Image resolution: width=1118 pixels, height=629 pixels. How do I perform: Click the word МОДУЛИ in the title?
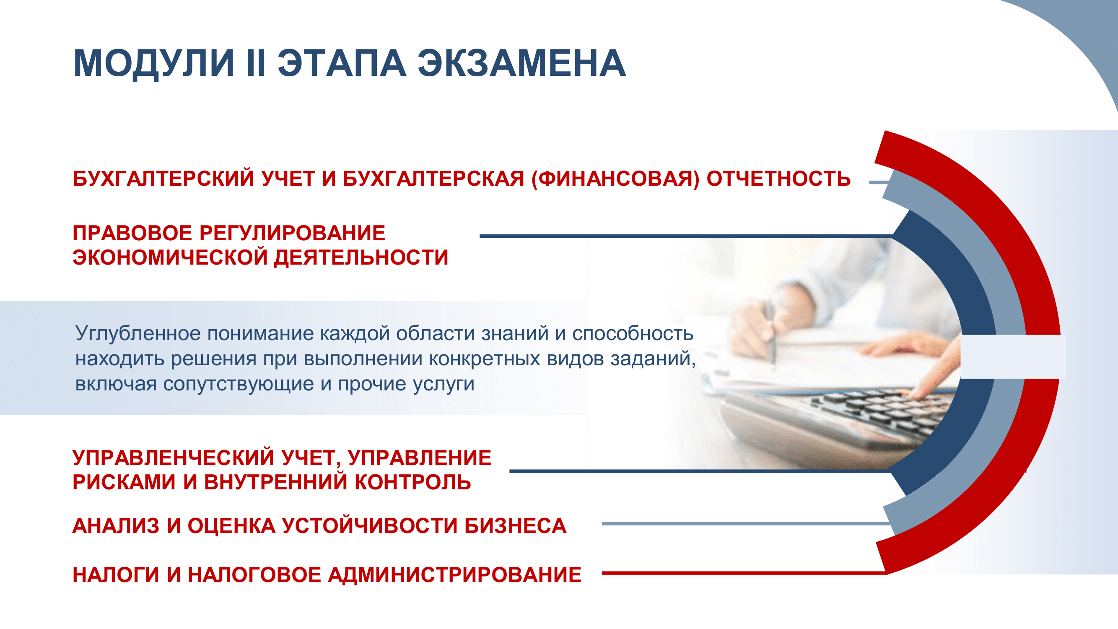click(154, 63)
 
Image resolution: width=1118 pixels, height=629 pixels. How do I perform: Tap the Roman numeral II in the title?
click(256, 63)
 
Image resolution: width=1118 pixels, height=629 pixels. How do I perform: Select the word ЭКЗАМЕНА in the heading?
click(521, 63)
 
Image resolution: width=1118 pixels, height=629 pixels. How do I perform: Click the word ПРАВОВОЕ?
click(132, 233)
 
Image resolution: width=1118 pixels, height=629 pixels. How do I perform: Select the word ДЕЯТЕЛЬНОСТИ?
click(361, 257)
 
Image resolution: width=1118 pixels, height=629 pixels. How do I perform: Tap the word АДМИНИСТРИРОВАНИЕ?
click(454, 575)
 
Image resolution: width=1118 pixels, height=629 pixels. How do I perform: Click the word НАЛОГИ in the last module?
click(116, 575)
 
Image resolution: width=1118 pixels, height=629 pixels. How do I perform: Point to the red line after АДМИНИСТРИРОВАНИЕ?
click(738, 573)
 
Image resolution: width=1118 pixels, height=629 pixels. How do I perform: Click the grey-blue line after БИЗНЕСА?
click(738, 523)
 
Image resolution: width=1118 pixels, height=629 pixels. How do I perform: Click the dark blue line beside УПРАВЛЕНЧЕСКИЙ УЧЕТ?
click(695, 471)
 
